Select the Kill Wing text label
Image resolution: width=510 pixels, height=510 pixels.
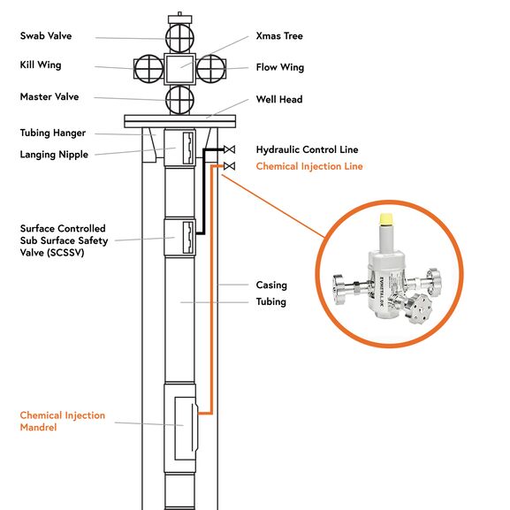(41, 65)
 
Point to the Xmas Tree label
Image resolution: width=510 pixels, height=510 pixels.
(278, 36)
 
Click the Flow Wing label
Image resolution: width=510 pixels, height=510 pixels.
(279, 67)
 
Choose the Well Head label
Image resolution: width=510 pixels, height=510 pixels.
(279, 100)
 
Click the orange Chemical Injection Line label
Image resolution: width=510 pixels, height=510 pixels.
(308, 166)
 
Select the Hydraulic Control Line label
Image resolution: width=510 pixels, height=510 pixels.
(307, 150)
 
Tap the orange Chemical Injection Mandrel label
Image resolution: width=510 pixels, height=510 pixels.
(62, 421)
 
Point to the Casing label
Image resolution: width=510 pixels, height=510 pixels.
(271, 285)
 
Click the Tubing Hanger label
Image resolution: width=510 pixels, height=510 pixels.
(53, 133)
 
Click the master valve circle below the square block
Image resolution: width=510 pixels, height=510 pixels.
(179, 97)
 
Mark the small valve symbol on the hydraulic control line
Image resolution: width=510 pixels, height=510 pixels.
(229, 149)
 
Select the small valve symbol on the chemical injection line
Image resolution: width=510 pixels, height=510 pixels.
(229, 166)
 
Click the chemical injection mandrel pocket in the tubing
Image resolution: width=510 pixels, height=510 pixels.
(185, 424)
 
